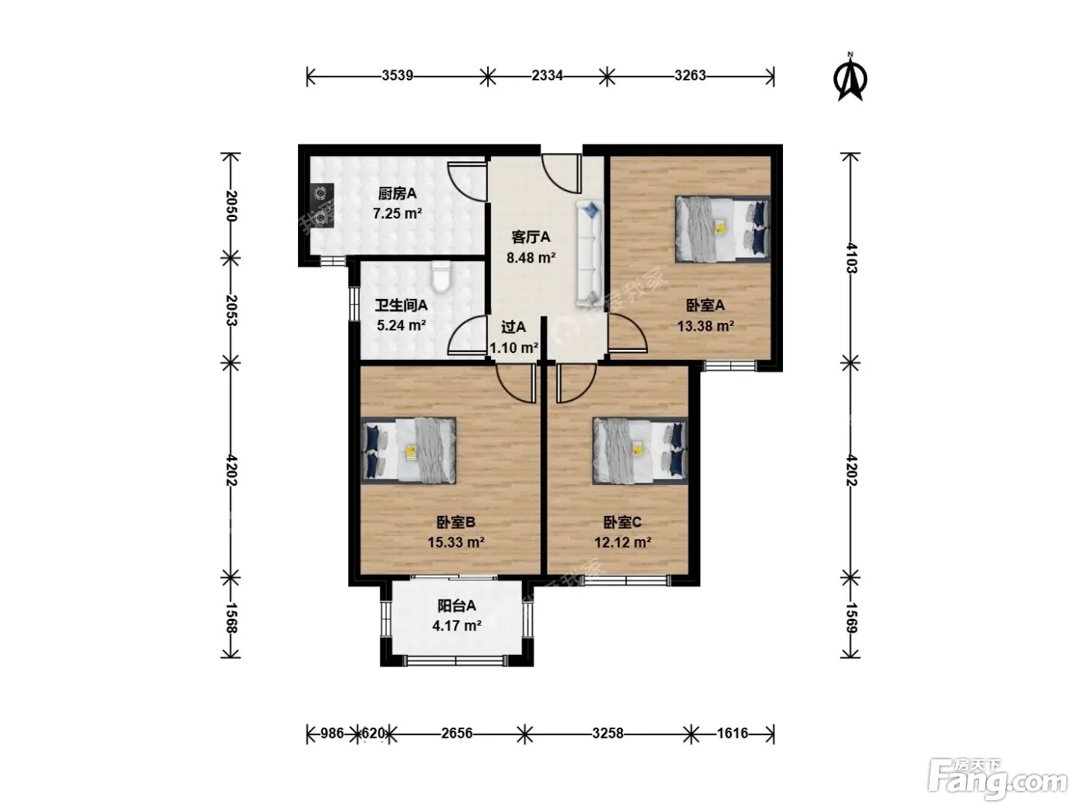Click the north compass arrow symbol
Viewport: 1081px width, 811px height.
(x=850, y=79)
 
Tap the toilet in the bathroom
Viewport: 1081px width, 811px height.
(x=441, y=277)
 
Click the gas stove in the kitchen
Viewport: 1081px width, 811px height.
(x=322, y=205)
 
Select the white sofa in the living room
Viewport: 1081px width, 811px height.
(x=590, y=255)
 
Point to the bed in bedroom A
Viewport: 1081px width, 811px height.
(x=722, y=229)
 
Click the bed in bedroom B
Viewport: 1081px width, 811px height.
(x=408, y=450)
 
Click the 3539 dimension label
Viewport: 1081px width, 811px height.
(x=398, y=76)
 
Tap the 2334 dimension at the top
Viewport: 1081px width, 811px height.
(x=547, y=76)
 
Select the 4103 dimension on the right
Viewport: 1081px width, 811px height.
(x=852, y=258)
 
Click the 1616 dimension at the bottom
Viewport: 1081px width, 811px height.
(x=732, y=733)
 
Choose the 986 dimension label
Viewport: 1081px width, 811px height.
(x=333, y=733)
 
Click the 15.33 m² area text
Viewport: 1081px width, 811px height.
(x=456, y=542)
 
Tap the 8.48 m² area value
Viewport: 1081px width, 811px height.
(x=531, y=257)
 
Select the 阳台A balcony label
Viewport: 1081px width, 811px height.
(x=457, y=606)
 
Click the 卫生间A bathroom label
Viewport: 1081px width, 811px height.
(x=401, y=305)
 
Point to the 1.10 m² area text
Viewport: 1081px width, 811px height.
(x=513, y=348)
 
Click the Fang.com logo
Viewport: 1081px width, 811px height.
(x=998, y=779)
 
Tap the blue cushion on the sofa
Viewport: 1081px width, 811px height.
(x=591, y=211)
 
